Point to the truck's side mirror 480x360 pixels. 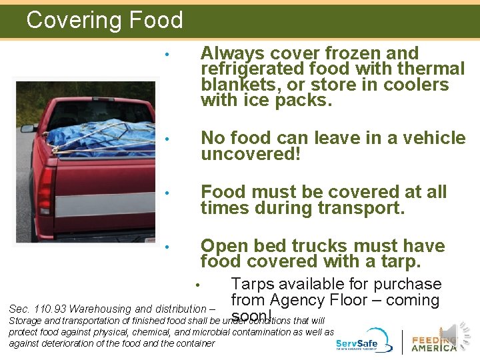(27, 128)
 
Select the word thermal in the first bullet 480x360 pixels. (431, 69)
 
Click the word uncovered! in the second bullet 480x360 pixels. (251, 155)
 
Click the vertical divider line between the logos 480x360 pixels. (402, 341)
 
